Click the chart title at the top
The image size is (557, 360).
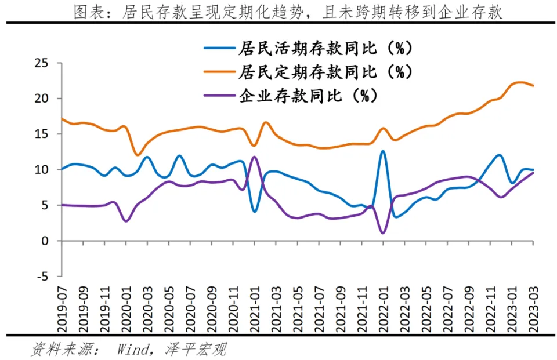point(288,12)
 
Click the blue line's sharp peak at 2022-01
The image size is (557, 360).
point(383,151)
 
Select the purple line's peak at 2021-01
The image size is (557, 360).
point(254,157)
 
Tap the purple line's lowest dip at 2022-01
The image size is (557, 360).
point(383,233)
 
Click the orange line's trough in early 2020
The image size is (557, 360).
point(137,155)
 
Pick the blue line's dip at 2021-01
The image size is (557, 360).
point(255,211)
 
